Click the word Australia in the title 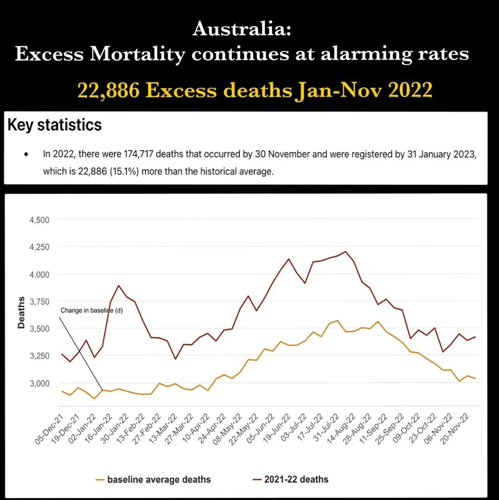coord(242,30)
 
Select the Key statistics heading coord(55,125)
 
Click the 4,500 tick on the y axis coord(39,220)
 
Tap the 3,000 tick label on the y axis coord(39,384)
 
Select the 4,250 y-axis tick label coord(39,247)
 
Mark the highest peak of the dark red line coord(346,251)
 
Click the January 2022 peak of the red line coord(119,285)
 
